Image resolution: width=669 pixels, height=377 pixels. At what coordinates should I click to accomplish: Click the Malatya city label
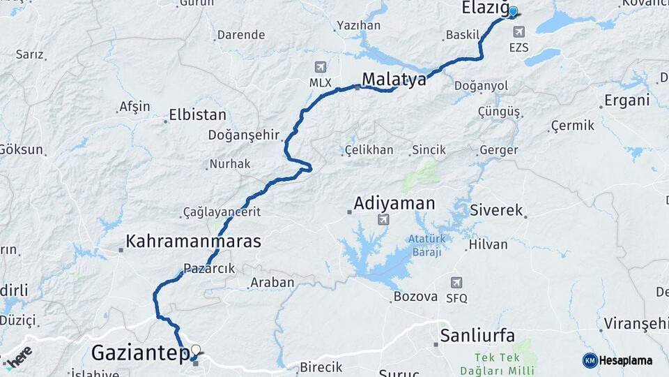(394, 79)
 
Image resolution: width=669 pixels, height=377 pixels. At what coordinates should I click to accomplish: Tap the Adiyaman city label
(394, 204)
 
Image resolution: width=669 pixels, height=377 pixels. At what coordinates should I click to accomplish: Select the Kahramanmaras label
(193, 242)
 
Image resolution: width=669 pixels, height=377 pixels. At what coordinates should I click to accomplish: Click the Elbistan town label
(197, 115)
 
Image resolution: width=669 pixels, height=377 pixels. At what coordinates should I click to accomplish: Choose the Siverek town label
(496, 210)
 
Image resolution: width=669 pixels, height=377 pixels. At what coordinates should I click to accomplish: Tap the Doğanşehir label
(244, 135)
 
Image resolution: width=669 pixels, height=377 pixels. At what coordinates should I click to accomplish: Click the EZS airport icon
(518, 32)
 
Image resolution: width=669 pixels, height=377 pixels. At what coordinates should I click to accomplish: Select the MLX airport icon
(321, 67)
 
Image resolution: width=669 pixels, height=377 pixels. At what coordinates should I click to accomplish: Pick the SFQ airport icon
(456, 283)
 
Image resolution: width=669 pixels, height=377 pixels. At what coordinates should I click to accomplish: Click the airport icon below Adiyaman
(382, 221)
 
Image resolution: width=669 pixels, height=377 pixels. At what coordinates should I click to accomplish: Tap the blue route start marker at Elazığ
(513, 12)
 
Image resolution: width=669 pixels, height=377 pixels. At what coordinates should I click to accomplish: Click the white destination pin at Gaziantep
(196, 350)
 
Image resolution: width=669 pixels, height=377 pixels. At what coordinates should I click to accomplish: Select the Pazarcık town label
(210, 269)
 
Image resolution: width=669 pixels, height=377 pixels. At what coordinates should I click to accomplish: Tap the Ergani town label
(626, 101)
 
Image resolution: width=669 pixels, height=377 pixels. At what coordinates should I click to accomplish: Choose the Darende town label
(241, 35)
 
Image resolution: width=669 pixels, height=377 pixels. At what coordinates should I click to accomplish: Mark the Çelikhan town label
(369, 150)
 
